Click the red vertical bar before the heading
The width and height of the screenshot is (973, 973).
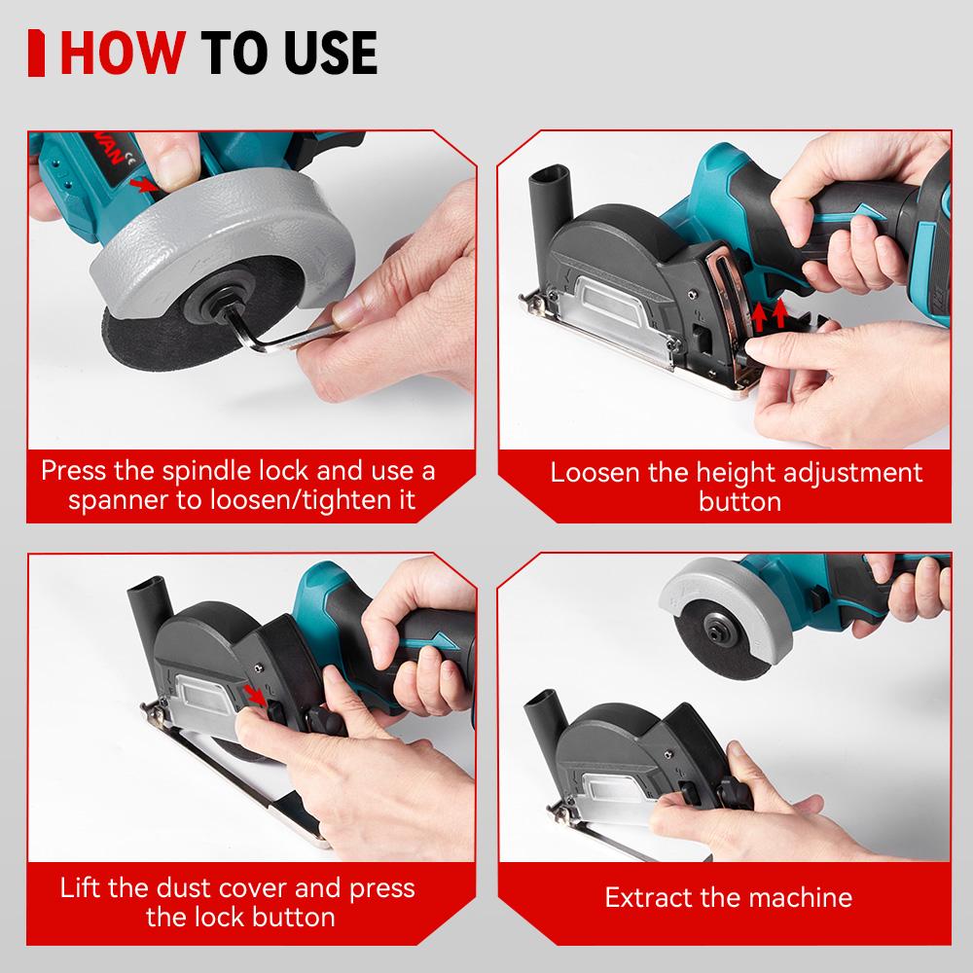point(38,54)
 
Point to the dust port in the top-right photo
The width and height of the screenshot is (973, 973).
point(541,196)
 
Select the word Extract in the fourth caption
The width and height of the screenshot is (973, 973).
point(647,897)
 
